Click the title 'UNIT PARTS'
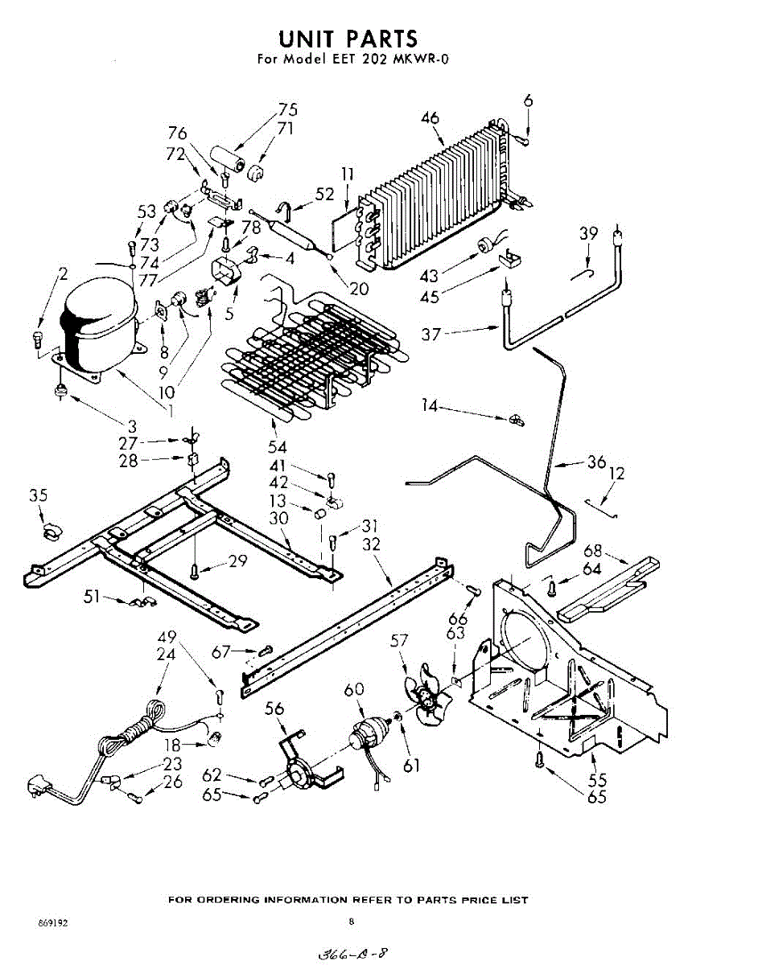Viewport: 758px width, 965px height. (348, 38)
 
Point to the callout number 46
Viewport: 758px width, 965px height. (430, 118)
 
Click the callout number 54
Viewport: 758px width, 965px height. (278, 446)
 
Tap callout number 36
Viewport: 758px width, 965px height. (596, 462)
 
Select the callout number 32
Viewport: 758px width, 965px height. (371, 544)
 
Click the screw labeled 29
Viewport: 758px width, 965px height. (195, 571)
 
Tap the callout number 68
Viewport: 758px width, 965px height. (593, 551)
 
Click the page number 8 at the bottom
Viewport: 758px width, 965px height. (352, 922)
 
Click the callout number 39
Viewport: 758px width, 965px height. (589, 233)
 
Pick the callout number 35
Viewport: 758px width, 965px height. (38, 495)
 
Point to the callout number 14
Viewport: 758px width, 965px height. (430, 407)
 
